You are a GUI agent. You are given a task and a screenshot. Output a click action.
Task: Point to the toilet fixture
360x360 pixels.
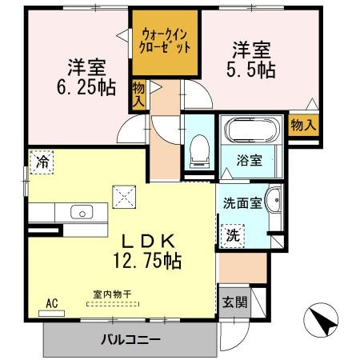point(197,148)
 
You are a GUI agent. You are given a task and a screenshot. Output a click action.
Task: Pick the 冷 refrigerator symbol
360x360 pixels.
point(41,161)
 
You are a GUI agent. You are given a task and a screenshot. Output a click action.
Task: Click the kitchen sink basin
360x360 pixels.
point(82,213)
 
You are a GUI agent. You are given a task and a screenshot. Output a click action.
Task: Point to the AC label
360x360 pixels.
point(52,303)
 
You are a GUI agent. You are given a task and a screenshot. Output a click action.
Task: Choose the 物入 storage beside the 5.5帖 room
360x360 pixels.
point(304,125)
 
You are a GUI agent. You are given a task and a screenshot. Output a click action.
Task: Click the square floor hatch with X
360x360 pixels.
point(124,194)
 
